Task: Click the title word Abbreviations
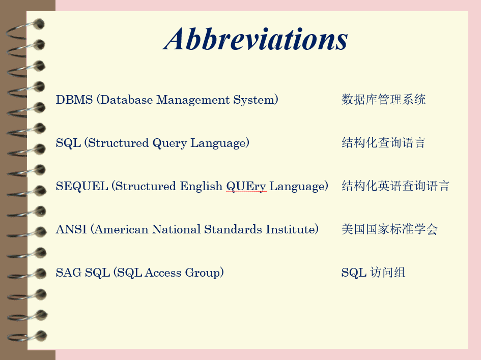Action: (x=256, y=39)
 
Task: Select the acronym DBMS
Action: (x=74, y=100)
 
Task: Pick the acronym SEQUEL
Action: (x=82, y=186)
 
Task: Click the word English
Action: (x=201, y=187)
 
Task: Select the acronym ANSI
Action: (x=71, y=229)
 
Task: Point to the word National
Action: (x=177, y=229)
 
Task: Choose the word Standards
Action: (x=233, y=229)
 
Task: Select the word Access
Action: (x=163, y=273)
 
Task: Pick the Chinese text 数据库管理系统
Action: (x=383, y=100)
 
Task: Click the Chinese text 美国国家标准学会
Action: (x=389, y=229)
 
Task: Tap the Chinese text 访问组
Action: (x=388, y=273)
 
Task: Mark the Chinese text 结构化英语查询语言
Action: (x=395, y=186)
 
